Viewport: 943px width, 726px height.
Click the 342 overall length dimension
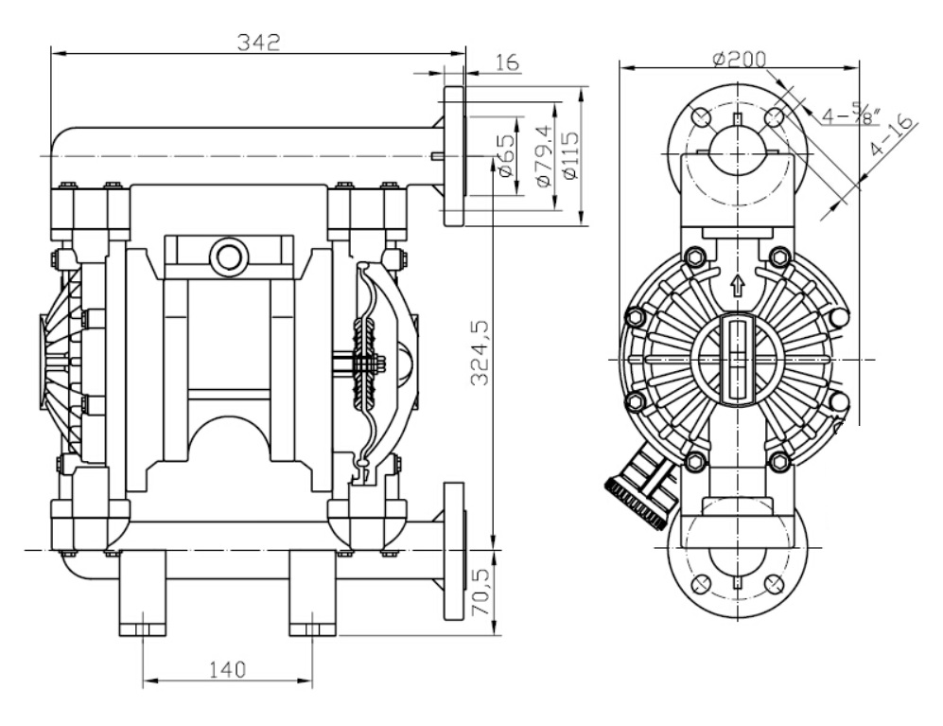258,43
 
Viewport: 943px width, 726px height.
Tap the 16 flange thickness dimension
508,62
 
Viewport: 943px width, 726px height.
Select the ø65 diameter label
506,155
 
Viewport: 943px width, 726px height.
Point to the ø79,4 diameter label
542,155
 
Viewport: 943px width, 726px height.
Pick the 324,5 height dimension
480,353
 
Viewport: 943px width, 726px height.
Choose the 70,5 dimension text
481,593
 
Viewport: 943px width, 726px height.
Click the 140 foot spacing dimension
227,669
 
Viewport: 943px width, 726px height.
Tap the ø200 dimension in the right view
739,59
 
